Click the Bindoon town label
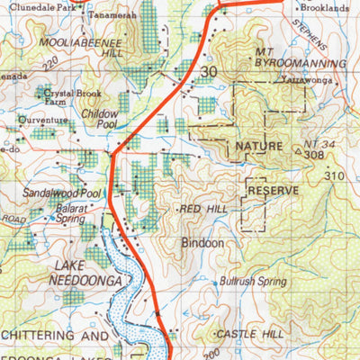click(x=201, y=243)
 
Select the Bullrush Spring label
click(x=253, y=282)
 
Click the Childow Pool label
click(x=99, y=121)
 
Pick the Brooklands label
click(x=323, y=6)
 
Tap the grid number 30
click(x=210, y=71)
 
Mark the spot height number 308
click(x=314, y=156)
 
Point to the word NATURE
click(x=258, y=145)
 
